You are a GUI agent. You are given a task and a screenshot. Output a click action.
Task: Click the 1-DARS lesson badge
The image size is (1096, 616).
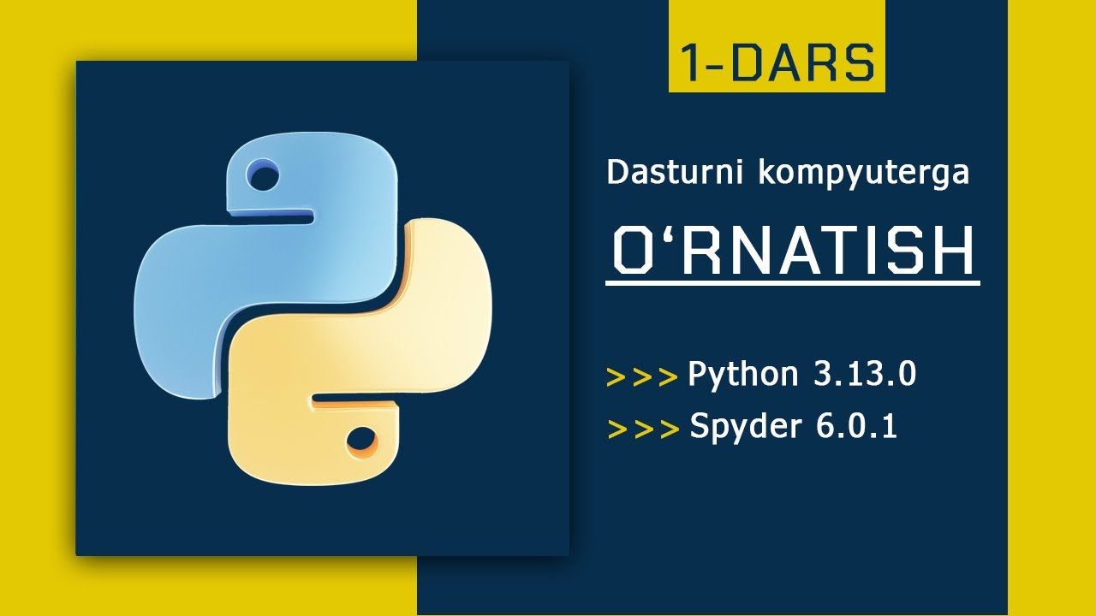[777, 63]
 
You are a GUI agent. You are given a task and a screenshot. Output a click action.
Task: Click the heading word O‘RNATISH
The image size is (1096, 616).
[795, 250]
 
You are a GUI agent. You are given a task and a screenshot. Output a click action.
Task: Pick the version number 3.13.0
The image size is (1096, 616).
[865, 374]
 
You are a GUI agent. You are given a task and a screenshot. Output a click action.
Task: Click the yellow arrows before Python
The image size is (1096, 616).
[641, 377]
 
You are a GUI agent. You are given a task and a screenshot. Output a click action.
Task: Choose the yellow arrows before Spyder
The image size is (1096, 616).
[643, 429]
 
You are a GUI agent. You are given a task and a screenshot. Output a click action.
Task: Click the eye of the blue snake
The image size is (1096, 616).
[263, 178]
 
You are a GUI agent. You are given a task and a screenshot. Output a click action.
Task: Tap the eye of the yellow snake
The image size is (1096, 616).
[362, 441]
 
